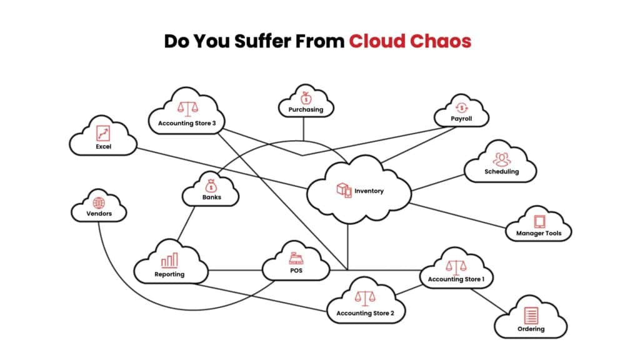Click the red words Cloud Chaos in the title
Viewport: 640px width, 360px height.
pyautogui.click(x=409, y=41)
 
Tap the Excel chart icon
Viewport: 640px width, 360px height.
pyautogui.click(x=103, y=132)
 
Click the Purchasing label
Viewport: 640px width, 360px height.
pyautogui.click(x=306, y=109)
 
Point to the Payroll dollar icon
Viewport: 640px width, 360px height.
pyautogui.click(x=461, y=107)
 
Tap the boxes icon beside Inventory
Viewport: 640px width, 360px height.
pyautogui.click(x=344, y=190)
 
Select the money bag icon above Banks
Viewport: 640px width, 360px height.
pyautogui.click(x=211, y=186)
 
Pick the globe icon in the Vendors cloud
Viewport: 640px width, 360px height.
pyautogui.click(x=99, y=203)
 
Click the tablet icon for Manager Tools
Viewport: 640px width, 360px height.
pyautogui.click(x=539, y=221)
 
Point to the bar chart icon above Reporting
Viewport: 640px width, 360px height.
pyautogui.click(x=169, y=261)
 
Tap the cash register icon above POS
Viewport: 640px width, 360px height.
pyautogui.click(x=296, y=258)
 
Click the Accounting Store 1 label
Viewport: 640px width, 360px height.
pyautogui.click(x=456, y=279)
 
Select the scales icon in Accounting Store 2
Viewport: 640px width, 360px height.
pyautogui.click(x=365, y=298)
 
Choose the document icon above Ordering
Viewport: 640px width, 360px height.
pyautogui.click(x=531, y=315)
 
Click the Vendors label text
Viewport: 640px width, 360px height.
pyautogui.click(x=99, y=214)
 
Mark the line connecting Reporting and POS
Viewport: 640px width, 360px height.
pyautogui.click(x=234, y=271)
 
